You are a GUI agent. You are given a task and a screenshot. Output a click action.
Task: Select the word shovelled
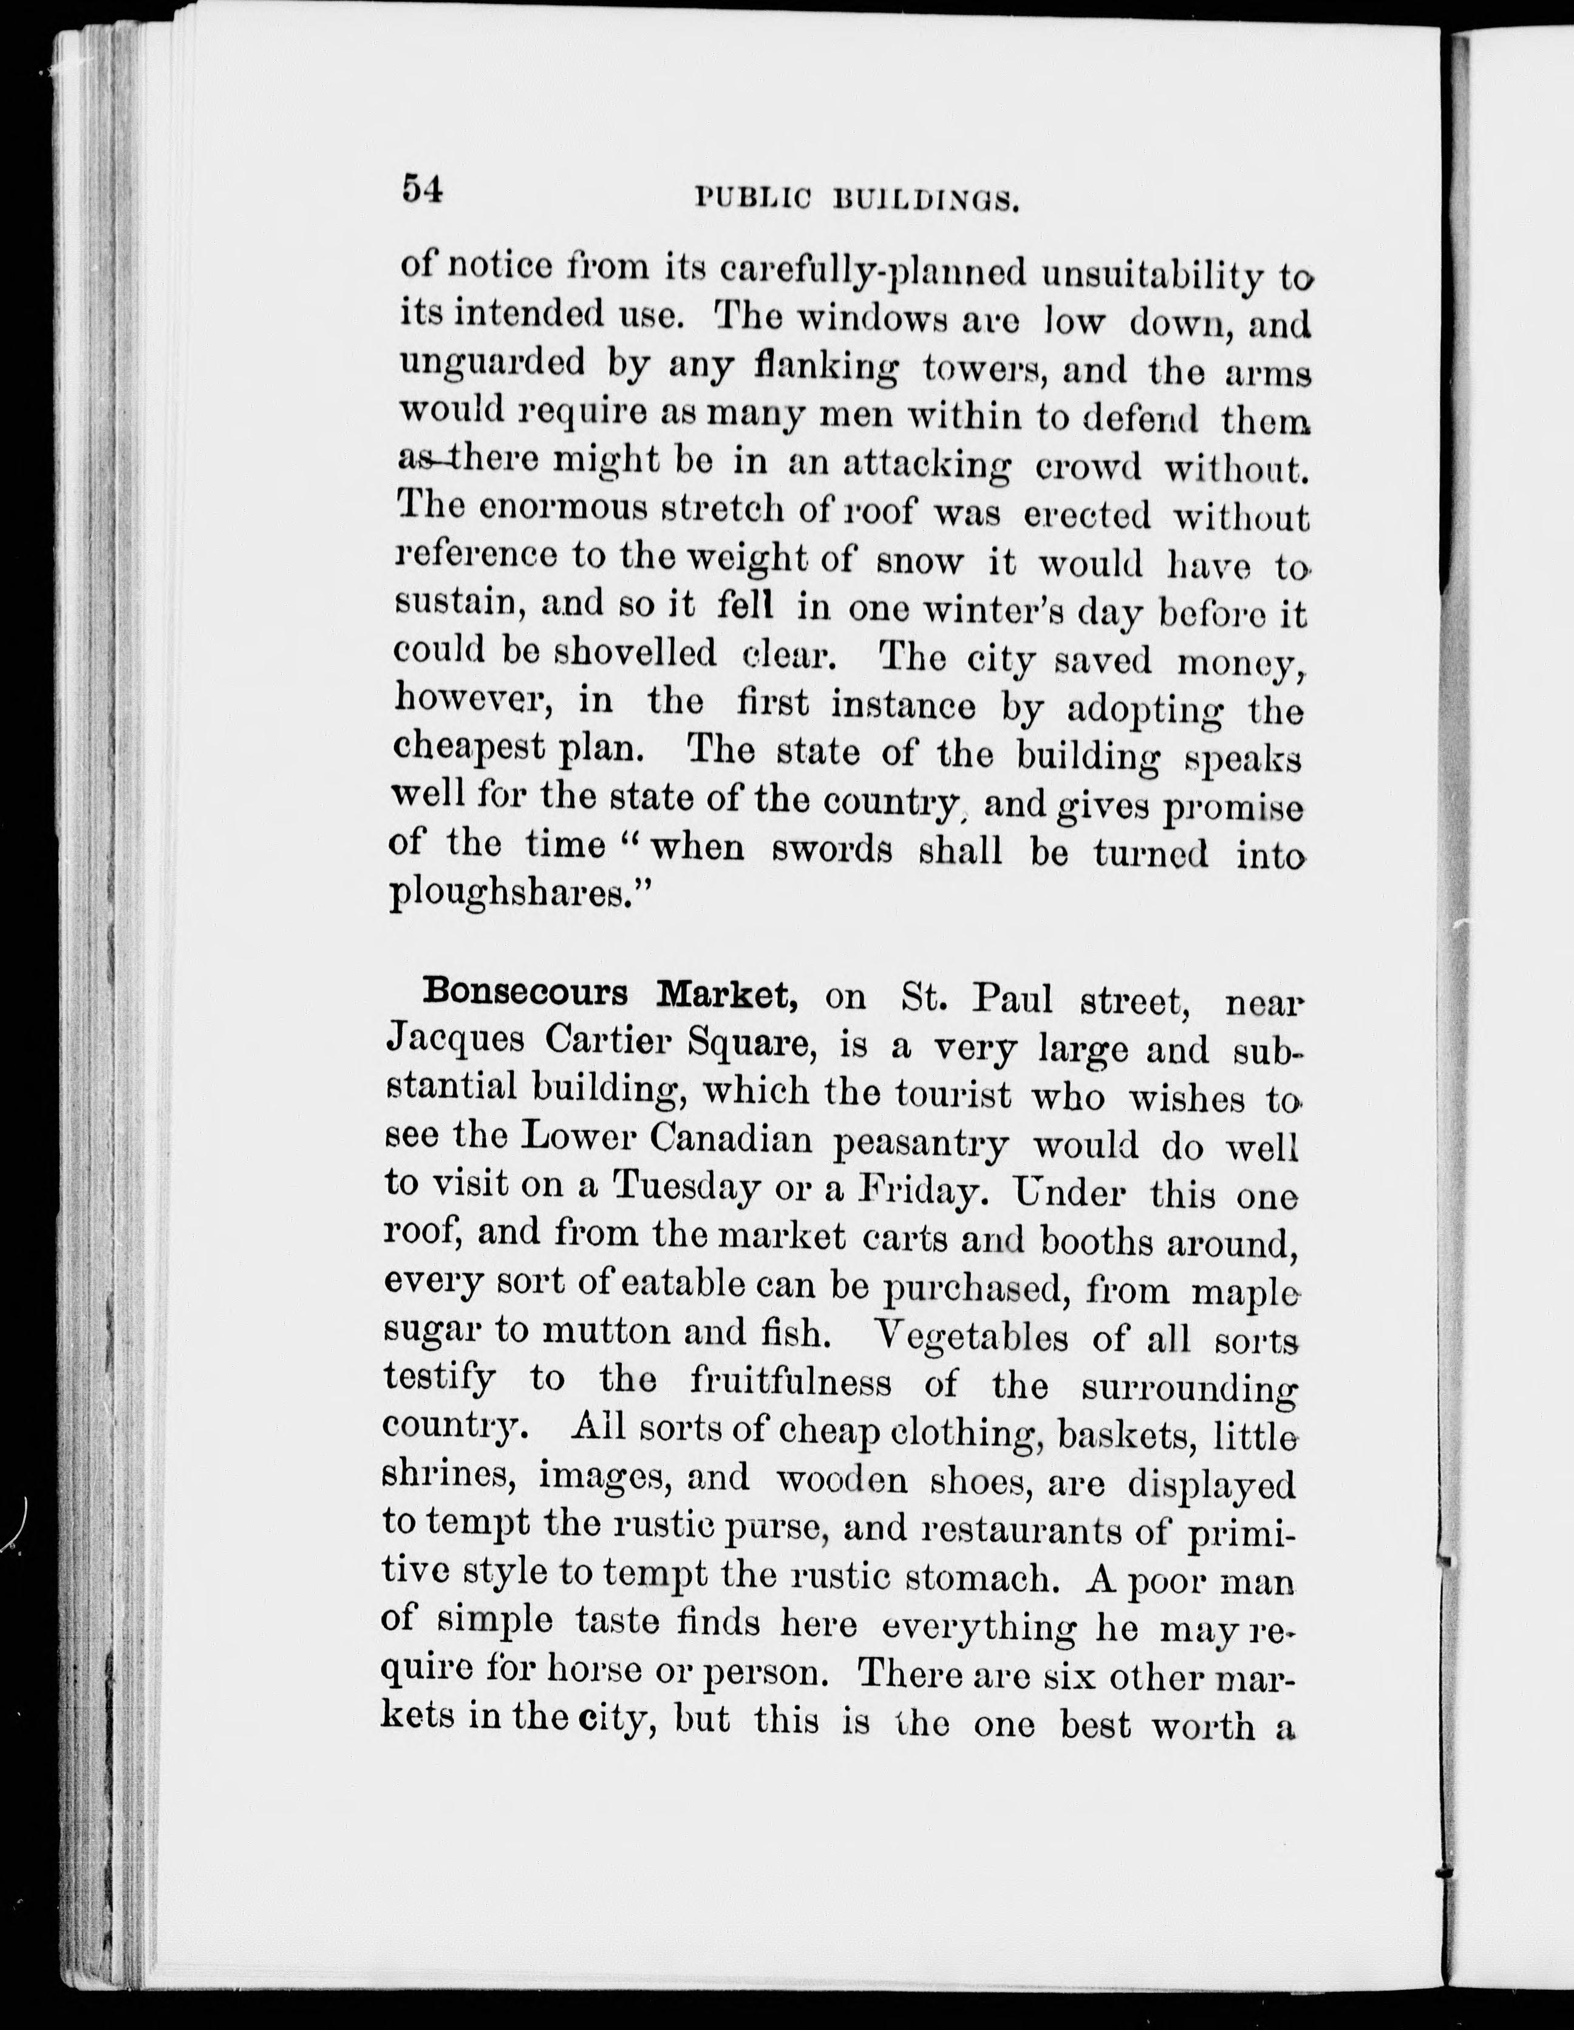tap(635, 654)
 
